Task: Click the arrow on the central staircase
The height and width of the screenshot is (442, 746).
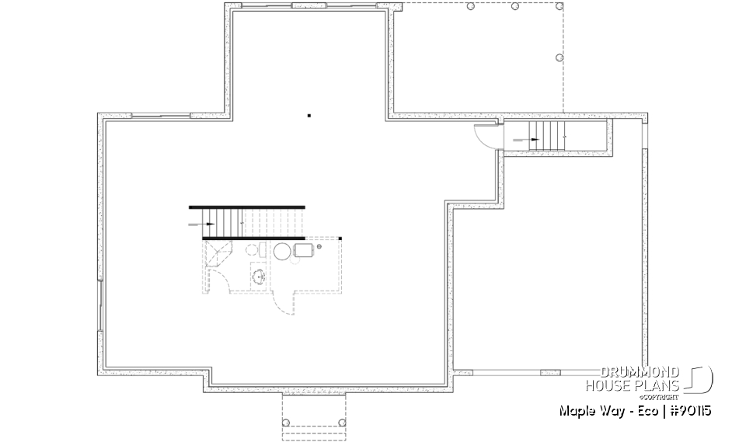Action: click(x=206, y=224)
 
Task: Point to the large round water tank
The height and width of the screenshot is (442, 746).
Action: click(x=281, y=251)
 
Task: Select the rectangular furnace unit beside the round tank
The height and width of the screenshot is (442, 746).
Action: click(x=302, y=250)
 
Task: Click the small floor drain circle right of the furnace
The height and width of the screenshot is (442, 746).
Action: click(x=319, y=246)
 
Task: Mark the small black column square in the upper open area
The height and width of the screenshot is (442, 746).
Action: click(x=309, y=116)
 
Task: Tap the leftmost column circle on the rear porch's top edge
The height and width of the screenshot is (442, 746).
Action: click(x=470, y=6)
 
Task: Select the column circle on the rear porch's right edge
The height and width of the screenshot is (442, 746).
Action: click(x=559, y=57)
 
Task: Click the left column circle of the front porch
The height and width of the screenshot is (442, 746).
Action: click(x=286, y=422)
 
